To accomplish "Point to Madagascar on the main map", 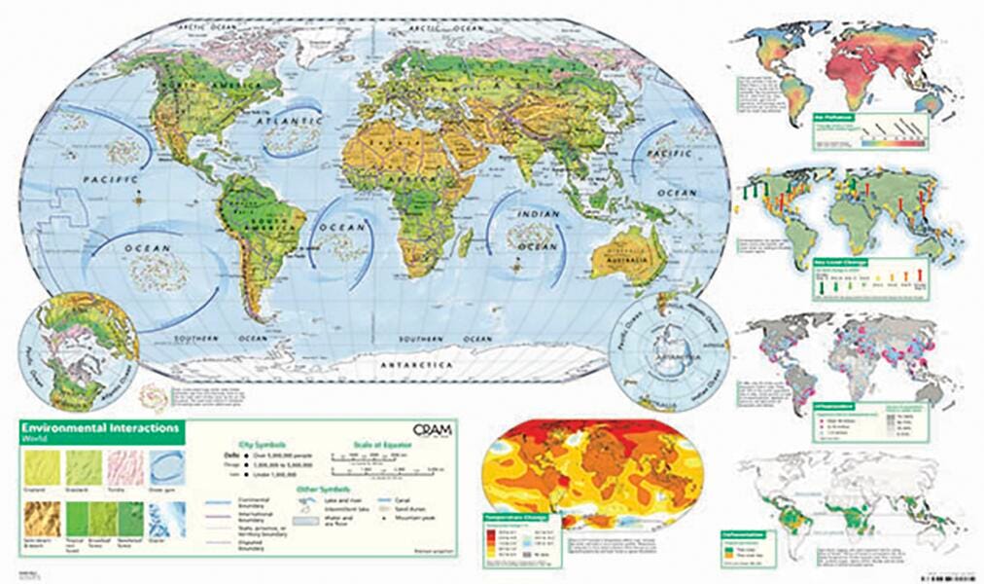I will click(472, 238).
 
